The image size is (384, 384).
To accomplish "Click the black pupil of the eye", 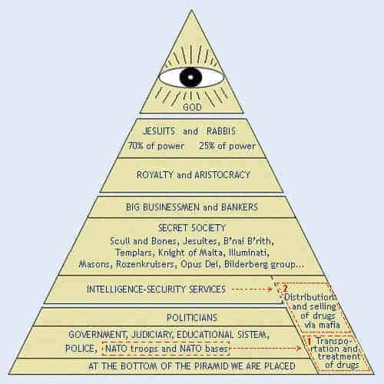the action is click(x=190, y=77).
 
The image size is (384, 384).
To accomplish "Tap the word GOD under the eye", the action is click(x=192, y=107).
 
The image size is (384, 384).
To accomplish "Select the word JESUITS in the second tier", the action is click(x=159, y=131).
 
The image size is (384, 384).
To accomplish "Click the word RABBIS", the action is click(x=221, y=131).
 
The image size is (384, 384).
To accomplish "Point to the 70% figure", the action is click(x=135, y=146).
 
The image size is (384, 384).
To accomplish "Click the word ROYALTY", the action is click(x=155, y=175).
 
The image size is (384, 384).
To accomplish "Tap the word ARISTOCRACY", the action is click(x=222, y=175).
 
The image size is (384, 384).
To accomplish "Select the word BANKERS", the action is click(x=240, y=207).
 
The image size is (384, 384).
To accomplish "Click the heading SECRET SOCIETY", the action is click(x=192, y=228).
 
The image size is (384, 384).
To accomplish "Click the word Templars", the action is click(x=134, y=253).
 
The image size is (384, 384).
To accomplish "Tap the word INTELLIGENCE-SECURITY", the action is click(x=136, y=290).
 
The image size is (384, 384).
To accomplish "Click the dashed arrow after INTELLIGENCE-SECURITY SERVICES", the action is click(x=252, y=290).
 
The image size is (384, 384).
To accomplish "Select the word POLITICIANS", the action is click(x=192, y=318).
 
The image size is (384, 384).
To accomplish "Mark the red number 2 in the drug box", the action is click(x=285, y=289).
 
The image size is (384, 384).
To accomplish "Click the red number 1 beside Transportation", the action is click(x=309, y=341).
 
